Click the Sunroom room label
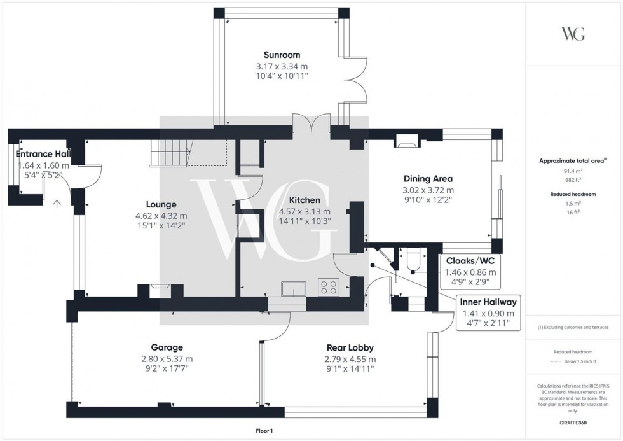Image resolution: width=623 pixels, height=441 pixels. (282, 55)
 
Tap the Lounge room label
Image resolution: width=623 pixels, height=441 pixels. (161, 204)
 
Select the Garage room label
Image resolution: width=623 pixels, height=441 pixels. (167, 347)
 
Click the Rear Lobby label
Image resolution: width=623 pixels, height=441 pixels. (350, 347)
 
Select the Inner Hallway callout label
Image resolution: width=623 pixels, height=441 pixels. (489, 302)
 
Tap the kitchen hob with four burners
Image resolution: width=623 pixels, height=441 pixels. (329, 288)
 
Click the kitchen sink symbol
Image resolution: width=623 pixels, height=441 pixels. (293, 289)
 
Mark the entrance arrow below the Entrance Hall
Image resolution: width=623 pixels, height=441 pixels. (57, 204)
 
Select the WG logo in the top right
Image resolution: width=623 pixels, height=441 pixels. (573, 34)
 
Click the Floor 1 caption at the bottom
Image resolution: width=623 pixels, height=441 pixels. (262, 431)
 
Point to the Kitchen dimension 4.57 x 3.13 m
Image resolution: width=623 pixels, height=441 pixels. (305, 212)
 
